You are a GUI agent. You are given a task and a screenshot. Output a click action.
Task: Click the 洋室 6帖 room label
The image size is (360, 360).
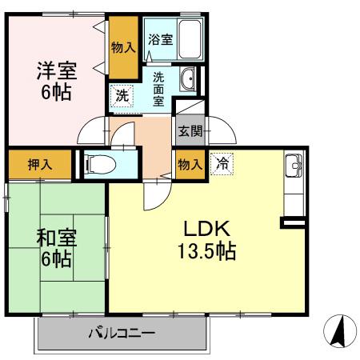54,80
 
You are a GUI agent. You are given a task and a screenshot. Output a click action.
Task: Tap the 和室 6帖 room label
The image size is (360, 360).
54,247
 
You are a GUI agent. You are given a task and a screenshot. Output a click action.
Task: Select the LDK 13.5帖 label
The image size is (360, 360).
206,238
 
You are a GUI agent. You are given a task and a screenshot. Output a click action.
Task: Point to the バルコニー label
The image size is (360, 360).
121,333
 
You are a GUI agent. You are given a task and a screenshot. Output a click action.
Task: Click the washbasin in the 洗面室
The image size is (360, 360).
189,79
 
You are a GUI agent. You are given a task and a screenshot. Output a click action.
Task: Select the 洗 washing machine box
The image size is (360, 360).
121,94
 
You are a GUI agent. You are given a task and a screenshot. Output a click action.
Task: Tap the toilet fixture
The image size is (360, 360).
98,164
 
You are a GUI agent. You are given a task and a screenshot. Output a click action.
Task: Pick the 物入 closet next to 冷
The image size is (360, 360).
190,164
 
